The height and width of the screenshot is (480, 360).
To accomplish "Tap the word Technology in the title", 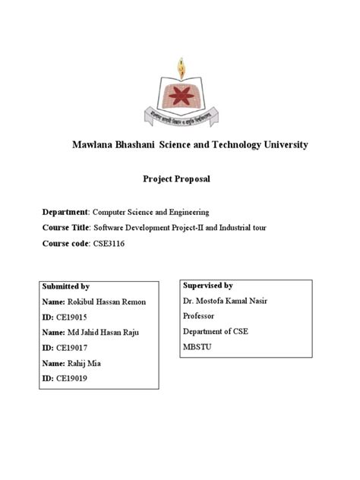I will [x=235, y=144].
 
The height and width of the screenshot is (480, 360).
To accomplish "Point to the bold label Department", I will [x=65, y=211].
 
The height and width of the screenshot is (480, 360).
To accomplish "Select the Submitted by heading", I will [x=66, y=286].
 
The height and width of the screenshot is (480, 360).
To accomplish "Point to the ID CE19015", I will [x=73, y=318].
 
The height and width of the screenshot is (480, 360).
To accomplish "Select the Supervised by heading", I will [x=207, y=284].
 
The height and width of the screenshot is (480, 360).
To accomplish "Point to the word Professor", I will [x=200, y=315].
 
